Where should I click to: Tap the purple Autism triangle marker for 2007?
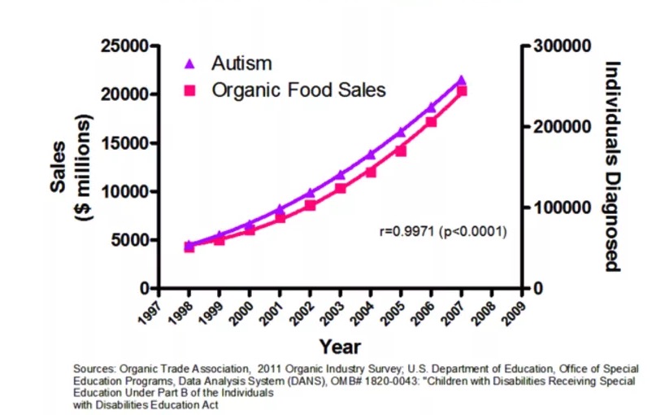[x=461, y=81]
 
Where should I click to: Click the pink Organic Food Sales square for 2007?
[x=461, y=91]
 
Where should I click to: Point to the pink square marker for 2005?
[x=401, y=151]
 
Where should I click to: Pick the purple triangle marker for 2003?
[x=341, y=174]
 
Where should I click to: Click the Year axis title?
[x=340, y=347]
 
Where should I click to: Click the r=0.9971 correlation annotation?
[x=443, y=233]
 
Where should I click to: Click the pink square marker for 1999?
[x=219, y=240]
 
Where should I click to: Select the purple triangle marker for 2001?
[x=280, y=209]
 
